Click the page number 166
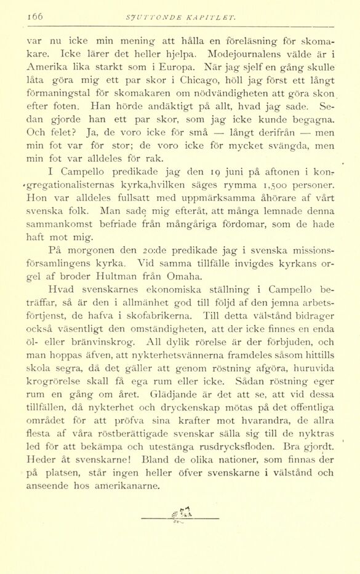click(x=34, y=18)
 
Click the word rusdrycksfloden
click(x=231, y=443)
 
